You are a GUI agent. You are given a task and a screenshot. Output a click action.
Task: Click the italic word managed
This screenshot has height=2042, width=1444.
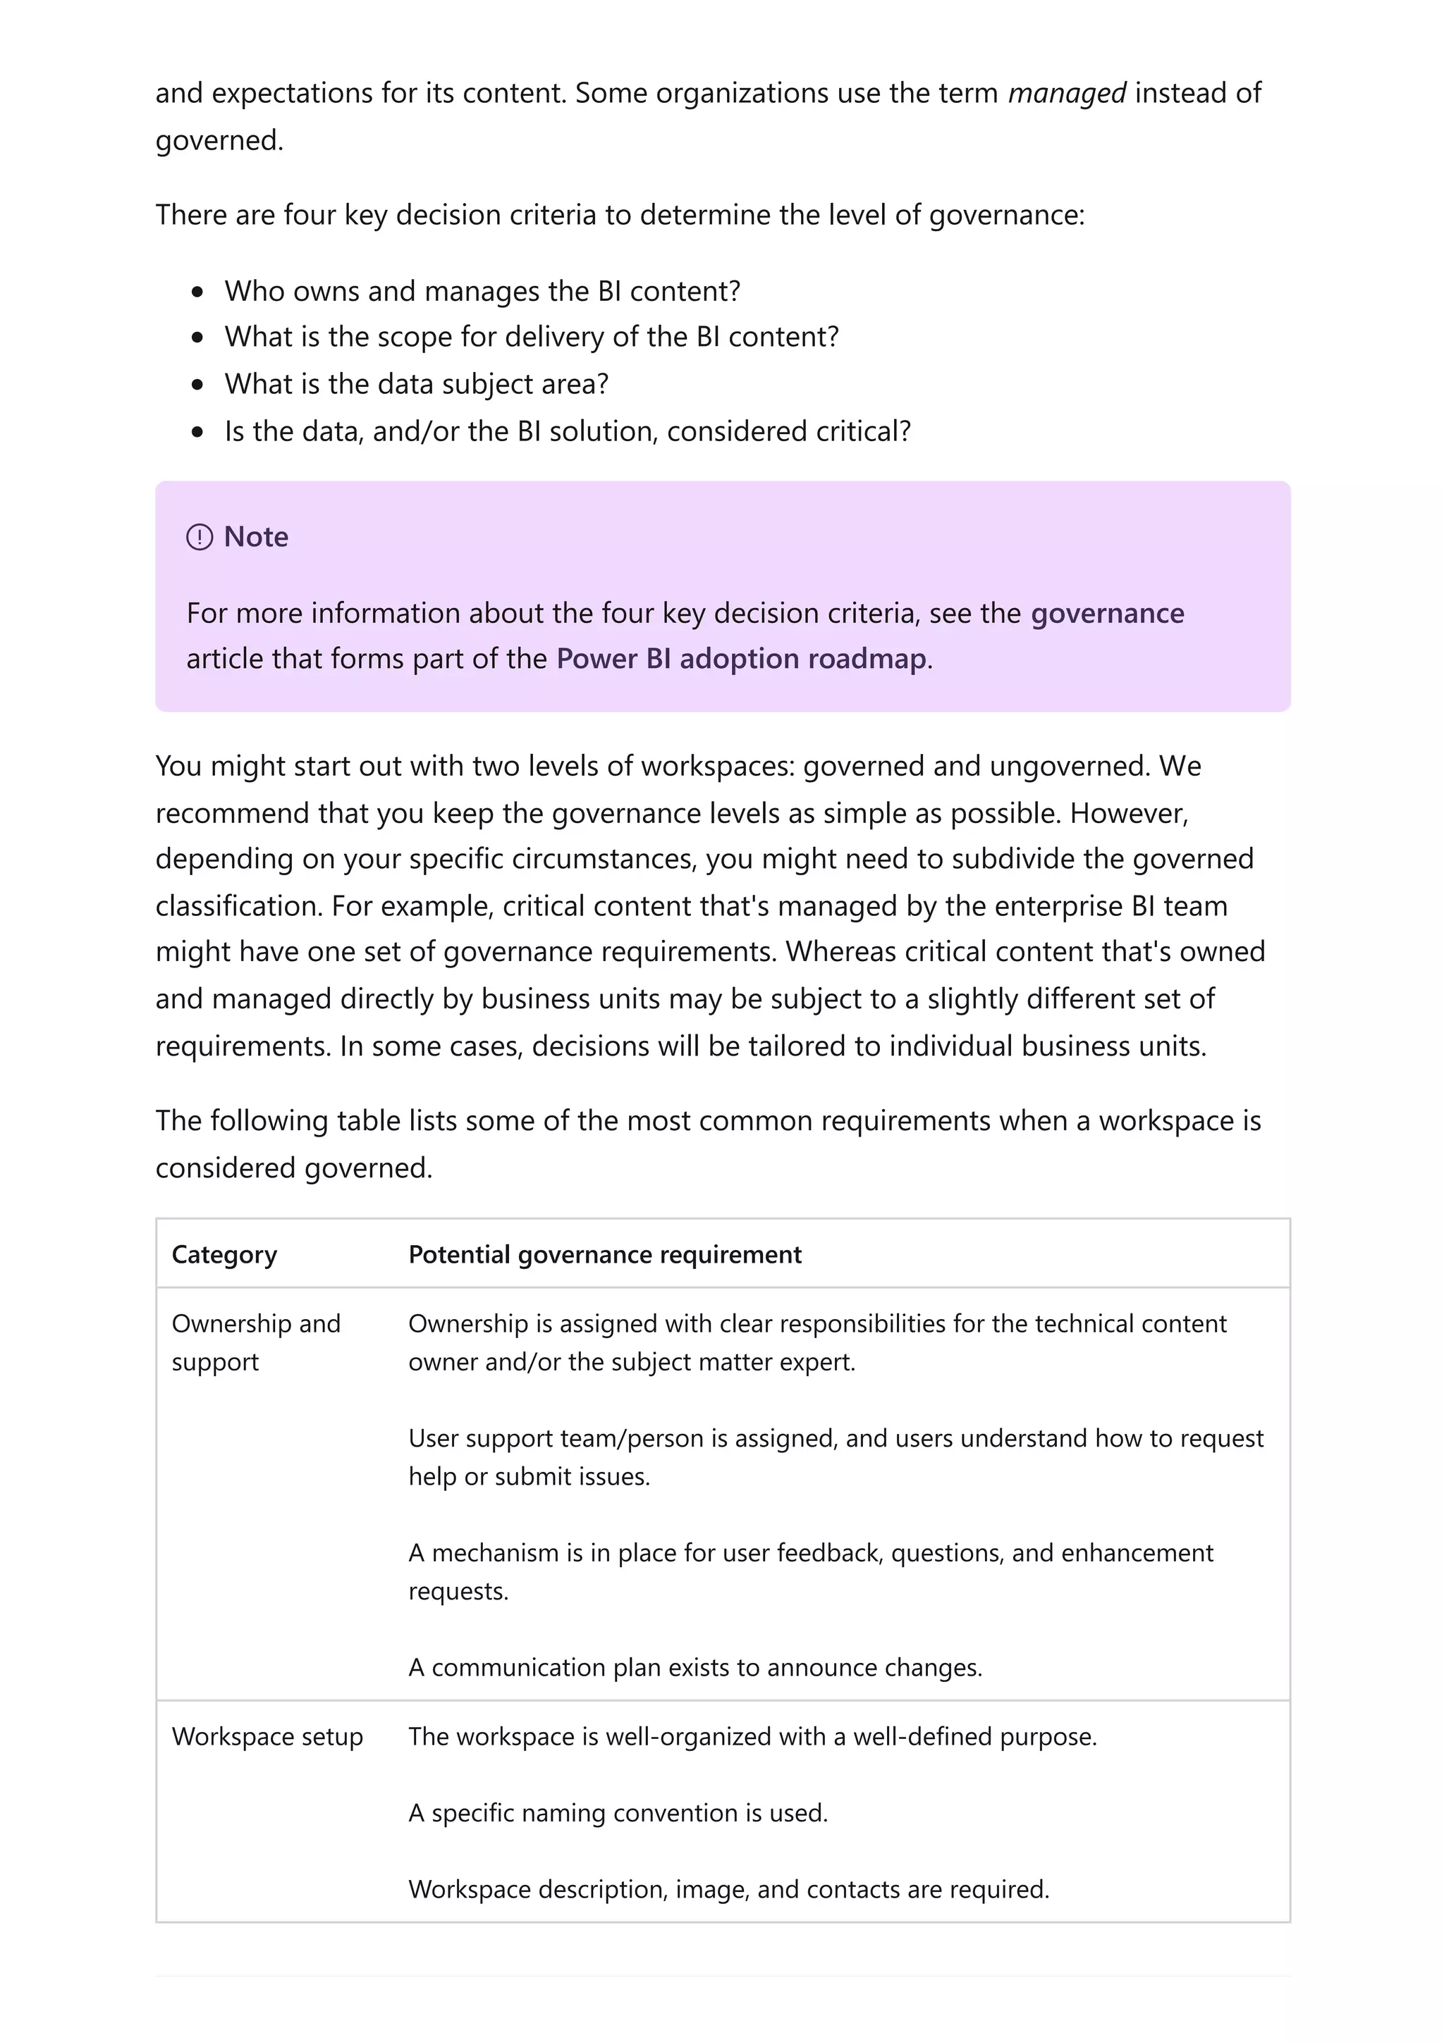coord(1066,94)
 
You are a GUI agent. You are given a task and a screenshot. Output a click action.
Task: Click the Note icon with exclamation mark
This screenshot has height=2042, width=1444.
coord(200,537)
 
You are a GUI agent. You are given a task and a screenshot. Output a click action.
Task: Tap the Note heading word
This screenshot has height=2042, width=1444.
coord(256,537)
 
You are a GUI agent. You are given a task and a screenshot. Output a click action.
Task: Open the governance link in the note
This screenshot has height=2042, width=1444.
coord(1107,614)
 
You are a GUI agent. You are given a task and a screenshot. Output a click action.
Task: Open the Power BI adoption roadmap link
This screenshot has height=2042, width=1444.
coord(741,659)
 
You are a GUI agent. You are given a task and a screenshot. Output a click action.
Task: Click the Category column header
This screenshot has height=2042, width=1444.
coord(224,1255)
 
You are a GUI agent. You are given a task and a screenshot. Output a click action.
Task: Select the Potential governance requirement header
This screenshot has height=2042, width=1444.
coord(604,1255)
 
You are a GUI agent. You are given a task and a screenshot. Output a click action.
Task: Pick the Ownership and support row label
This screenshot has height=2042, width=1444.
coord(255,1343)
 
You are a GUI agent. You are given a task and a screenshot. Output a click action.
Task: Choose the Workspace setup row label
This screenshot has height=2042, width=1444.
coord(267,1737)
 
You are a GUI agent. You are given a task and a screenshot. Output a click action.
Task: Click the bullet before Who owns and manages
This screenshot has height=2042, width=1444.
coord(197,292)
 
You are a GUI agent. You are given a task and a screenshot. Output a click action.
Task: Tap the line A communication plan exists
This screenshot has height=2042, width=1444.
coord(695,1668)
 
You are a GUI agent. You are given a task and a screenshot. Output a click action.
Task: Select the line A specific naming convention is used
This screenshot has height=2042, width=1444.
coord(618,1814)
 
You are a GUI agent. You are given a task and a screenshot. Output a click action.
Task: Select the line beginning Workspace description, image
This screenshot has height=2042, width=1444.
coord(728,1889)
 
